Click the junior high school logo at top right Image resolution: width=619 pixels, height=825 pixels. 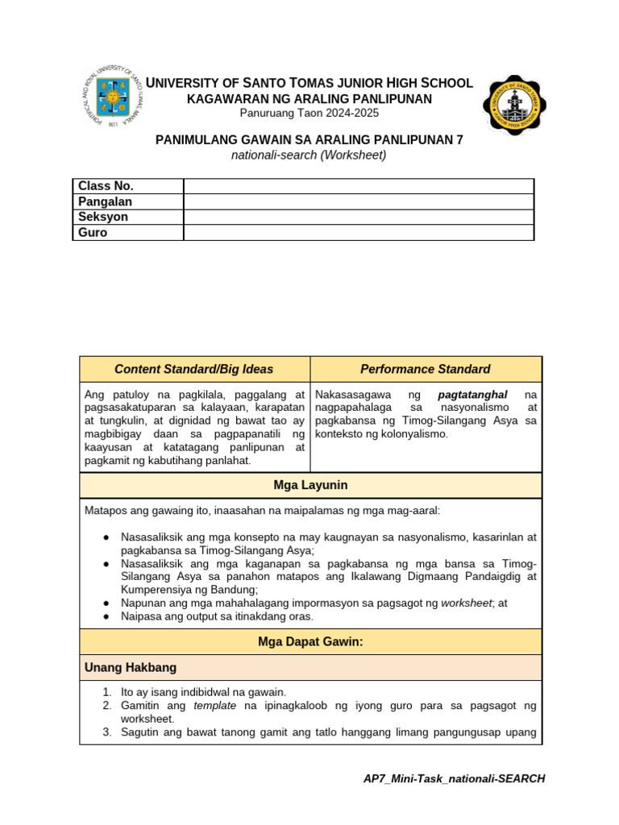[x=513, y=106]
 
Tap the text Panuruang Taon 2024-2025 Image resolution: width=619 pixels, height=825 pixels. [x=309, y=113]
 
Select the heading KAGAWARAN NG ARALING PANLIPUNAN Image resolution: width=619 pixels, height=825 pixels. [x=309, y=98]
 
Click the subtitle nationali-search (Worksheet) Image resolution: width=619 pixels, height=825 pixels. [x=309, y=155]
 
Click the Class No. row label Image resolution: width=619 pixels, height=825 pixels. [x=106, y=186]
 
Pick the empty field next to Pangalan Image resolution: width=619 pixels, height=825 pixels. [x=359, y=201]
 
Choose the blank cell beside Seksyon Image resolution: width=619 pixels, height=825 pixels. [x=359, y=217]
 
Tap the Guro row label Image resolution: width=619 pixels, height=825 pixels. [x=93, y=232]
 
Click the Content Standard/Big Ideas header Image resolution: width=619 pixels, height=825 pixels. [x=194, y=369]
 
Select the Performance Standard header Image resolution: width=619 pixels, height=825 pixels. [x=425, y=369]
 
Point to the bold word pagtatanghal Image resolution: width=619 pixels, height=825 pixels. [x=472, y=395]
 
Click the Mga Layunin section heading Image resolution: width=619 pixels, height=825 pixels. [x=310, y=485]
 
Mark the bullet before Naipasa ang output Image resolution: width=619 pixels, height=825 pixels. [x=107, y=616]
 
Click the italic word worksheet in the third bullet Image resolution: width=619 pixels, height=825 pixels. [x=465, y=602]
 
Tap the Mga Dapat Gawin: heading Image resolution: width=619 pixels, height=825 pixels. [x=310, y=641]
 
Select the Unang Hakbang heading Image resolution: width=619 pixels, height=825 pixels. [x=131, y=668]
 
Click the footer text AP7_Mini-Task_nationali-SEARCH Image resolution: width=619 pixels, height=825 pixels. [x=455, y=778]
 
